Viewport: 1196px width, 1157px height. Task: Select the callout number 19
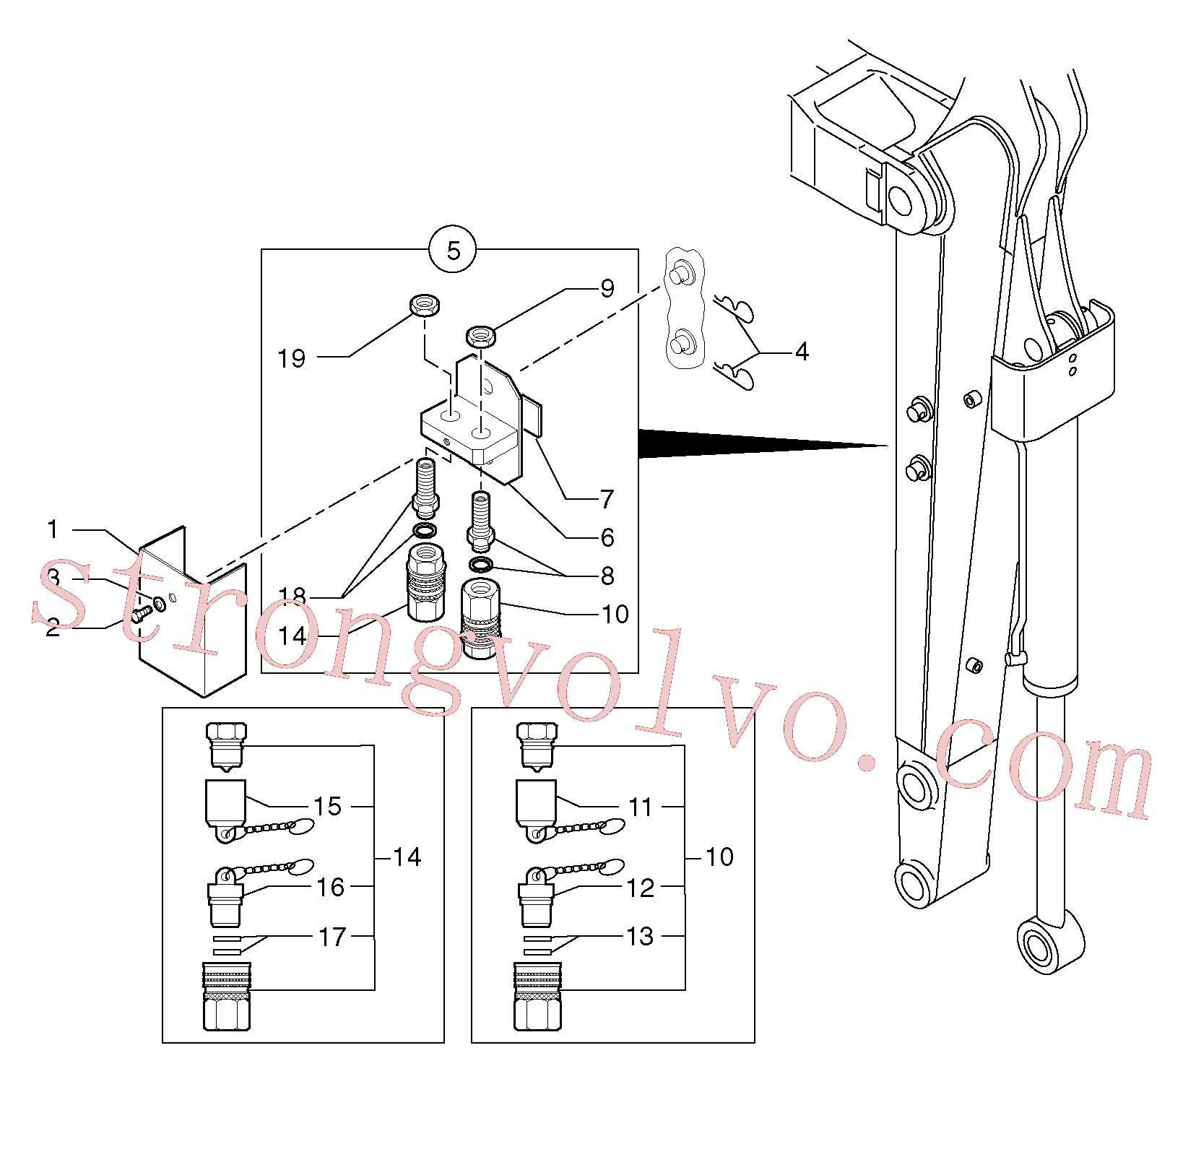292,358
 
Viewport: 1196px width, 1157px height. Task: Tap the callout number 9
607,289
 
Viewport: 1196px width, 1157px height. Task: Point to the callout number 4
802,352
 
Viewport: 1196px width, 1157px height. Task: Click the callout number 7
607,498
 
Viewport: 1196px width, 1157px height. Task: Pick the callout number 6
607,537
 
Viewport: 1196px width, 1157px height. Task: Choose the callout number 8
607,576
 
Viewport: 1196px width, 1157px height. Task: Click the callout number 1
52,529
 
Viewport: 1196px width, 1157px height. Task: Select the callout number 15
327,806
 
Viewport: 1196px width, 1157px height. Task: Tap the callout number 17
332,937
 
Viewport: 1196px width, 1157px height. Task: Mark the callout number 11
640,807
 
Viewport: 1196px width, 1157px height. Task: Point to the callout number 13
640,936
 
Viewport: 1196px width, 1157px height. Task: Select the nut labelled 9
480,336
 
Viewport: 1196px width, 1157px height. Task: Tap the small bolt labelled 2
141,615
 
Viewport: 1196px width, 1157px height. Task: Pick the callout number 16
331,887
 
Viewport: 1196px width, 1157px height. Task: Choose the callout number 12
640,888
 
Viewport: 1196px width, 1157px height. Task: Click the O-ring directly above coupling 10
481,563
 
